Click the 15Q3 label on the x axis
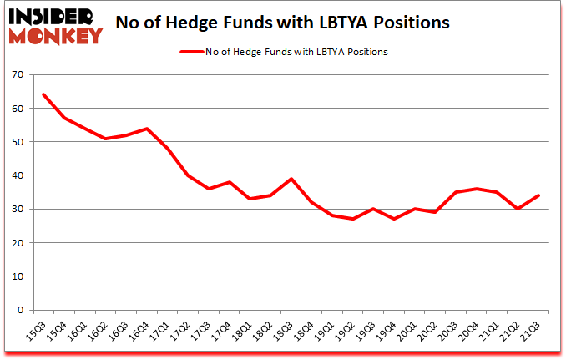[34, 332]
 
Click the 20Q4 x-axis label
[473, 332]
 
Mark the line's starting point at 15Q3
[43, 94]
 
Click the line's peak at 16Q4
[148, 129]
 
